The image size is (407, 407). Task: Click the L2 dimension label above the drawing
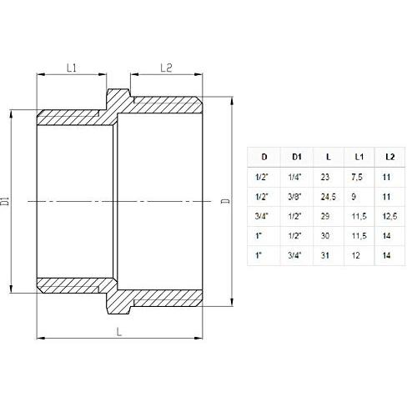164,68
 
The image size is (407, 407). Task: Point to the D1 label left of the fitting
7,200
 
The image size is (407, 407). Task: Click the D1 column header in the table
296,156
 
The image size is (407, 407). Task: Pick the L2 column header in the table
389,156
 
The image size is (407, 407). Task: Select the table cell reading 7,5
359,177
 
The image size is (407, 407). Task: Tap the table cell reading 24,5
328,197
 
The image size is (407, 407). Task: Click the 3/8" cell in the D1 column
296,197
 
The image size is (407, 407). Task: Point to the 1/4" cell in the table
296,177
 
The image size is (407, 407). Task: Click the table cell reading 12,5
389,217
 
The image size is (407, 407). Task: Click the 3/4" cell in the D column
264,217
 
